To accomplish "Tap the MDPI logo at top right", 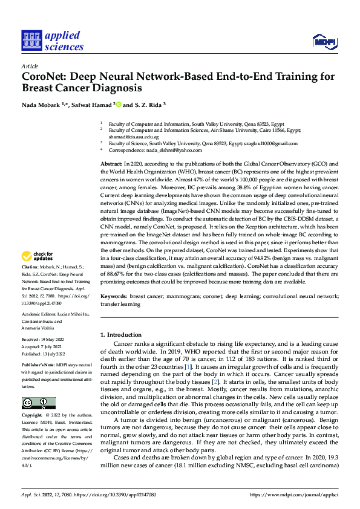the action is tap(324, 41).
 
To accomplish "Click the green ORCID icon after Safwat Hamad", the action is tap(119, 105).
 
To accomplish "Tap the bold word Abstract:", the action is tap(111, 164).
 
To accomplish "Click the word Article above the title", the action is tap(30, 65).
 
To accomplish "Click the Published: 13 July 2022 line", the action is tap(46, 354).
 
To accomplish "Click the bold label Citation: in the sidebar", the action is tap(30, 283).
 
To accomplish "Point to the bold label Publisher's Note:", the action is tap(38, 366).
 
